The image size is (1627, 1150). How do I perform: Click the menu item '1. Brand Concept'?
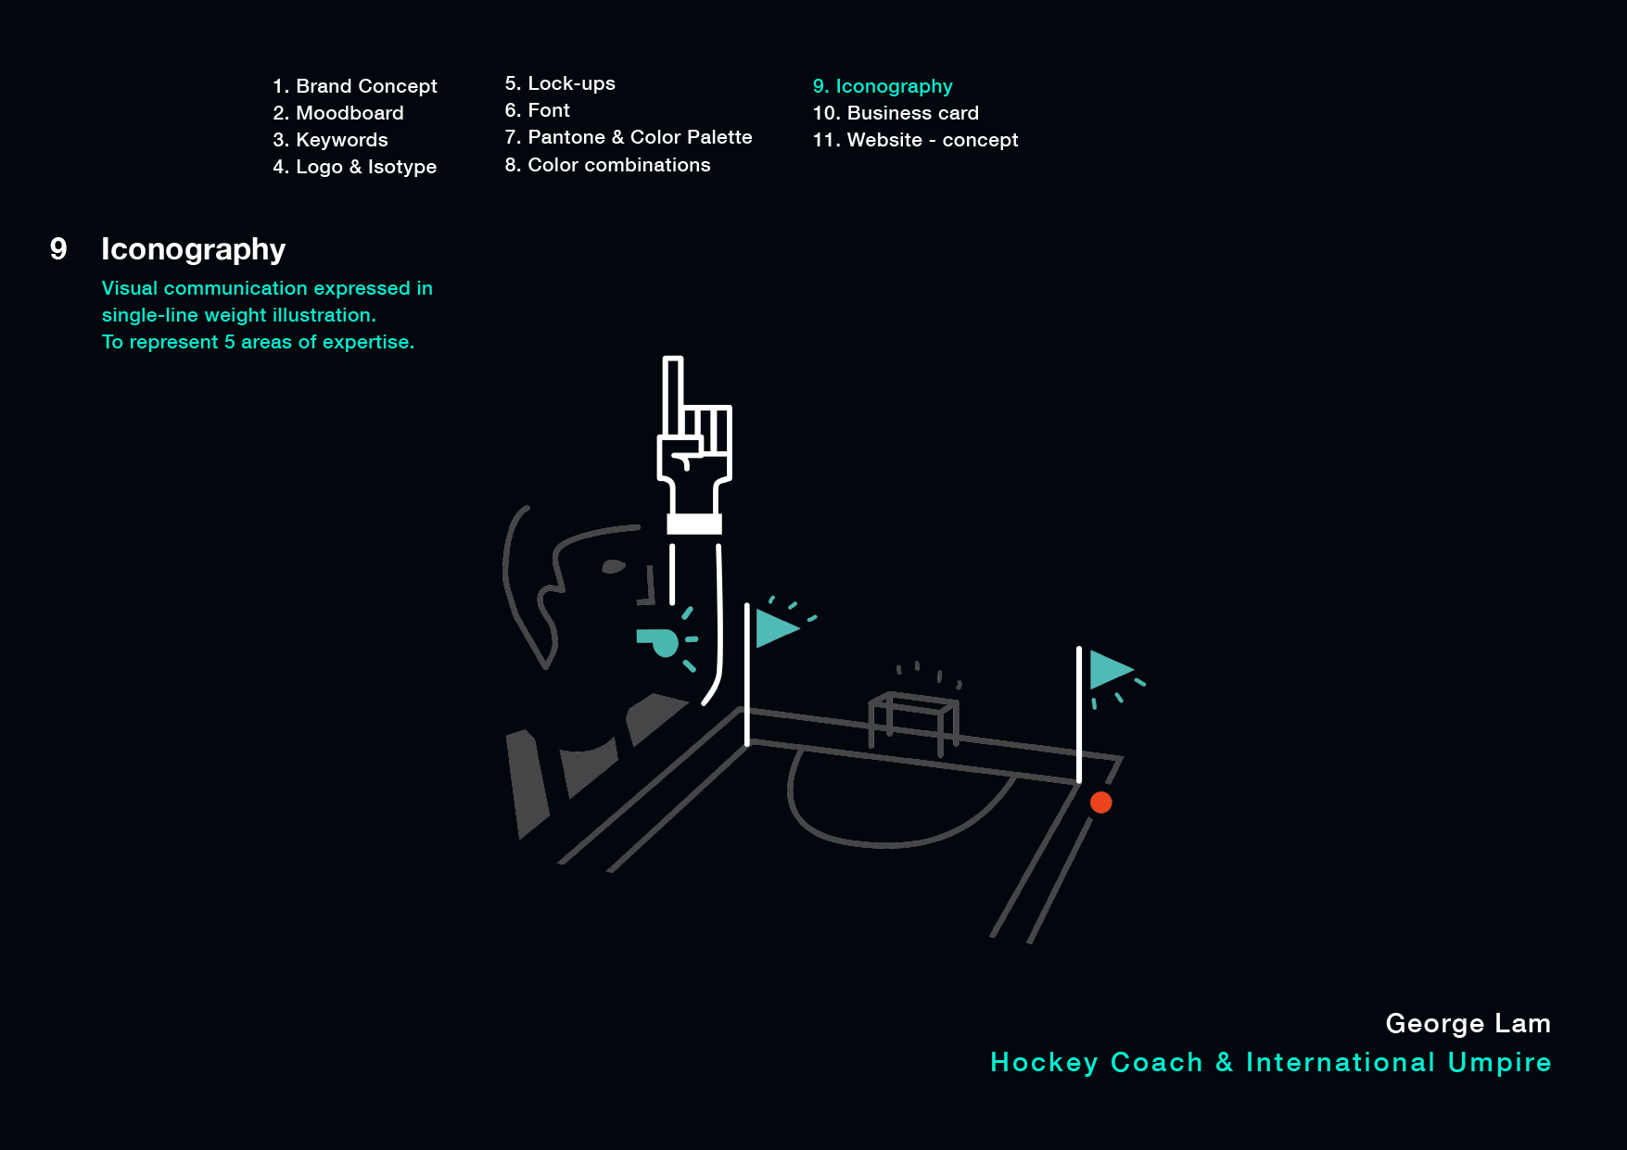(354, 86)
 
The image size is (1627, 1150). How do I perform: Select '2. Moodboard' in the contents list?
(338, 113)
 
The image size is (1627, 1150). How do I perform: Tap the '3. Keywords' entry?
(330, 140)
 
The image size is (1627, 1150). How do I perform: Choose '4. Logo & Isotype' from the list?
(354, 167)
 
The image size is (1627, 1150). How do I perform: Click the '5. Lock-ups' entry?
(560, 83)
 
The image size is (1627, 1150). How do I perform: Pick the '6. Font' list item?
(537, 110)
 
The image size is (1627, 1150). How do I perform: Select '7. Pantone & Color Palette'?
(628, 137)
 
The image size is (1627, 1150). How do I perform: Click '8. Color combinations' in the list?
(607, 165)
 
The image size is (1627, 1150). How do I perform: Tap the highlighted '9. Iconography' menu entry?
(883, 86)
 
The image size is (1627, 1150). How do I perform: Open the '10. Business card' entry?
(896, 113)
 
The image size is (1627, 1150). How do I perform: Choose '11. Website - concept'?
(915, 140)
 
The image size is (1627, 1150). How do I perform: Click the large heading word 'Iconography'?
(193, 249)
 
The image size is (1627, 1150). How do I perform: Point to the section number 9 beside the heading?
(58, 248)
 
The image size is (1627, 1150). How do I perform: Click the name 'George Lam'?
(1468, 1023)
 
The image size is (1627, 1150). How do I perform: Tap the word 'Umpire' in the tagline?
(1499, 1062)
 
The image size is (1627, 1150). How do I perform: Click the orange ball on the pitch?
(1100, 802)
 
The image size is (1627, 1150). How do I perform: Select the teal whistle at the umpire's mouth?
(661, 641)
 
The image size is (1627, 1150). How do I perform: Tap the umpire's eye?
(613, 566)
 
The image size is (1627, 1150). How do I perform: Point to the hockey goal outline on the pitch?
(913, 719)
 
